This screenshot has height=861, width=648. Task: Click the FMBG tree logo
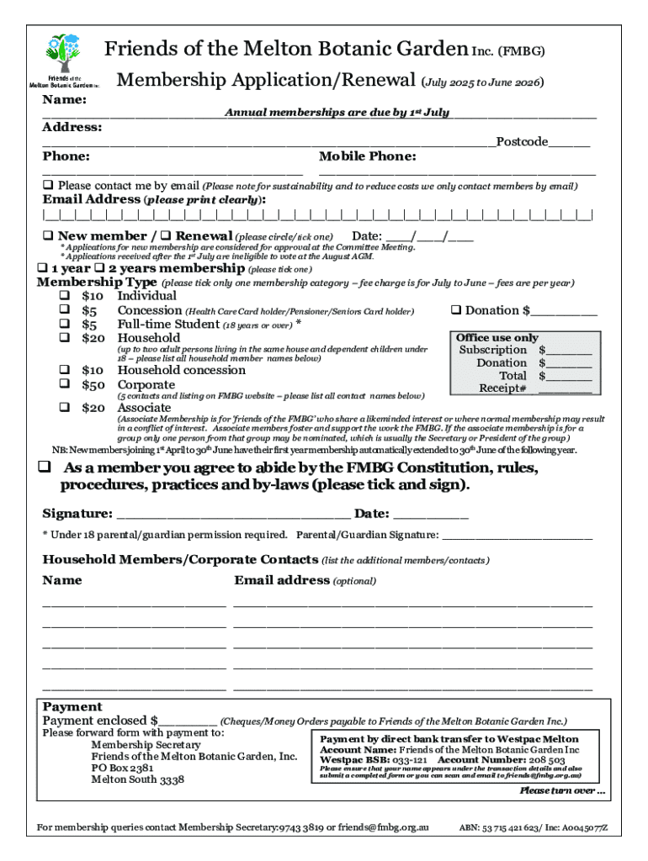(64, 55)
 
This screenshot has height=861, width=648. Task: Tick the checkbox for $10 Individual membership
(63, 296)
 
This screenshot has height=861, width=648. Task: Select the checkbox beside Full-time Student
(63, 324)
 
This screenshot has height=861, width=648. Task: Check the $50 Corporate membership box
(63, 384)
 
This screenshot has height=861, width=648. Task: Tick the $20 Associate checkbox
(63, 408)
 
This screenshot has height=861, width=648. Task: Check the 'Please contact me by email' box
(48, 185)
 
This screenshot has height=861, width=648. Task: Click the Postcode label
(521, 141)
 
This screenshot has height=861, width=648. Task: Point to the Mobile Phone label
(368, 156)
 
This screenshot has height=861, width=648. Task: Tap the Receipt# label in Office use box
(502, 388)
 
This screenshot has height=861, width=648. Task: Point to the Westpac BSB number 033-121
(412, 759)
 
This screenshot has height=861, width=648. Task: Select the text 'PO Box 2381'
(122, 768)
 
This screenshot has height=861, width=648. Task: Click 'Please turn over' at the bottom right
(561, 790)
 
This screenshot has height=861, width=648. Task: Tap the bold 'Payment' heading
(72, 707)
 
